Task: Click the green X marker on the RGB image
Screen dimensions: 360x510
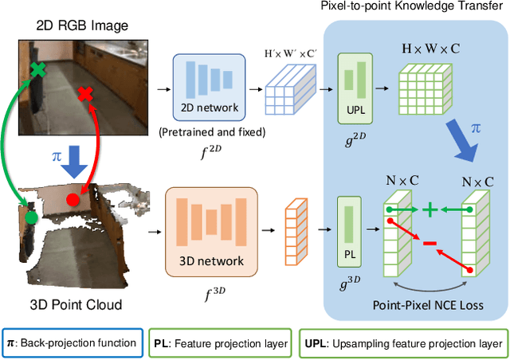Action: [37, 70]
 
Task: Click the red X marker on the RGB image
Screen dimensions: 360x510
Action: [84, 96]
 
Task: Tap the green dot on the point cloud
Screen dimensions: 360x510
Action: [31, 217]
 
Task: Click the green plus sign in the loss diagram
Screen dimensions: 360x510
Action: [430, 210]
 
